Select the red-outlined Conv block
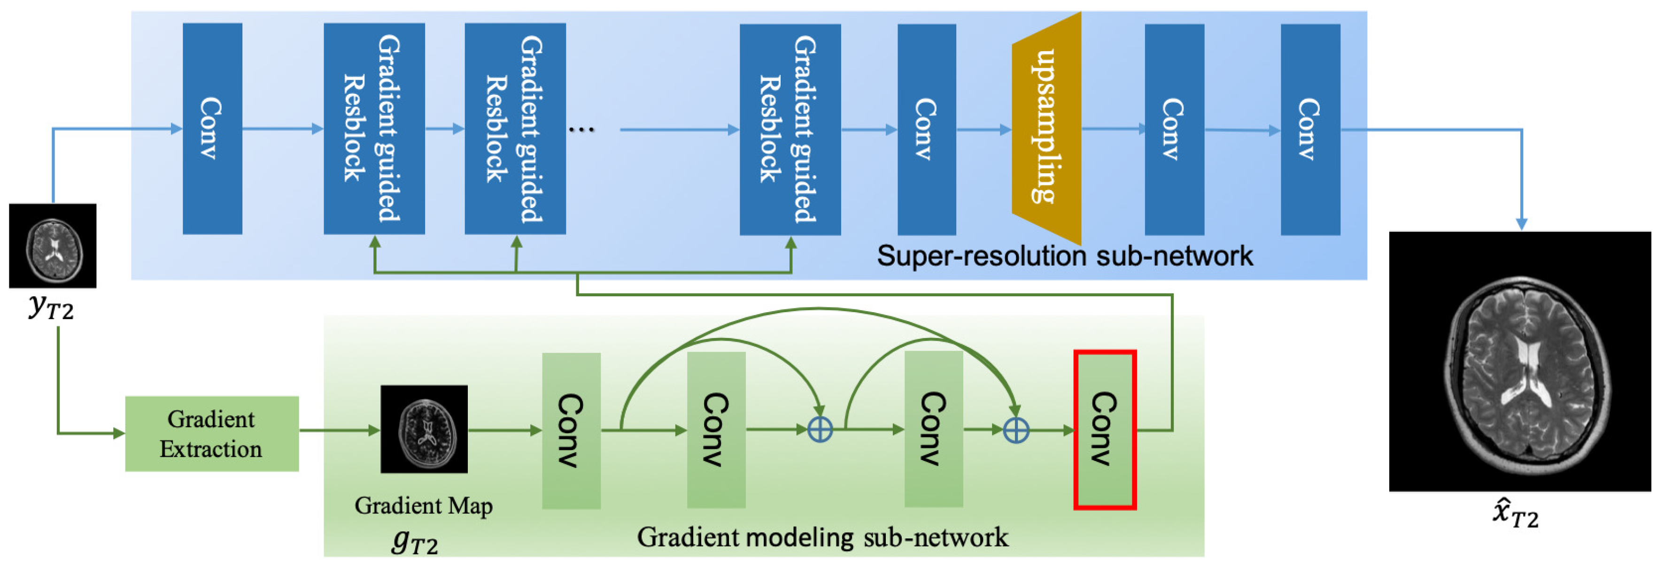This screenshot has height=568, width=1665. tap(1105, 430)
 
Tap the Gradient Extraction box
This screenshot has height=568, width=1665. tap(211, 434)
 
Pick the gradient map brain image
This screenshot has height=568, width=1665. tap(424, 429)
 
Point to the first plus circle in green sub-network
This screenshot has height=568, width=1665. tap(820, 430)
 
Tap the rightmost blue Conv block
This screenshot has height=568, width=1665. tap(1309, 129)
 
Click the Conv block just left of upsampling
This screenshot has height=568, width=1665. tap(926, 129)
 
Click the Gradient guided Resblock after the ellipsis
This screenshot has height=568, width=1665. tap(790, 129)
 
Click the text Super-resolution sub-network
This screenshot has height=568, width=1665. tap(1064, 256)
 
